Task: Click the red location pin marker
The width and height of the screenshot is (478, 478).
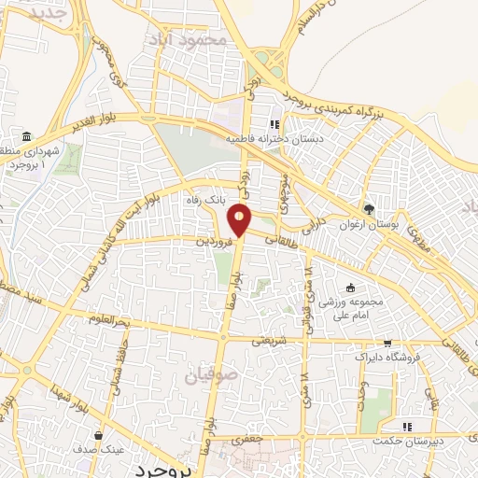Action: point(241,220)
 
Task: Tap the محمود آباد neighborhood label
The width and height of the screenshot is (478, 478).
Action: point(187,40)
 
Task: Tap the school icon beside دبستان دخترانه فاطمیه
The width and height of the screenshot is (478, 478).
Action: point(274,124)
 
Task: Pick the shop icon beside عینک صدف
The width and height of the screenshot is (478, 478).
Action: point(99,434)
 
